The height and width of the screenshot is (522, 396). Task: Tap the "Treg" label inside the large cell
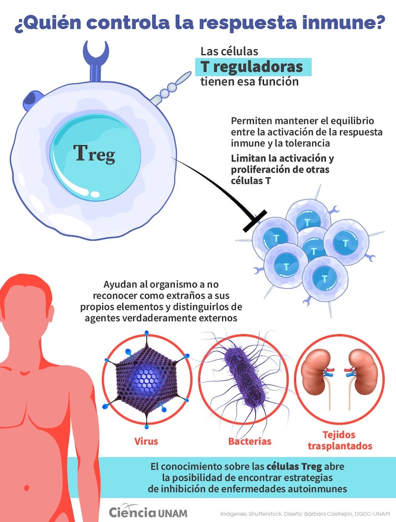point(95,154)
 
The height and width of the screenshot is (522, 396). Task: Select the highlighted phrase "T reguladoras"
point(255,67)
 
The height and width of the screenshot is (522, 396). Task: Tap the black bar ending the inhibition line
point(255,222)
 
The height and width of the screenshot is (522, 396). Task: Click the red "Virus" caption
point(146,440)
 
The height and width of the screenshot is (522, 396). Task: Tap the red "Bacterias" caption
point(250,440)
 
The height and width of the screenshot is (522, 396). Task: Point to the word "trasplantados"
point(340,446)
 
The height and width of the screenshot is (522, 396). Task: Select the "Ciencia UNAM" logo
point(148,512)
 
